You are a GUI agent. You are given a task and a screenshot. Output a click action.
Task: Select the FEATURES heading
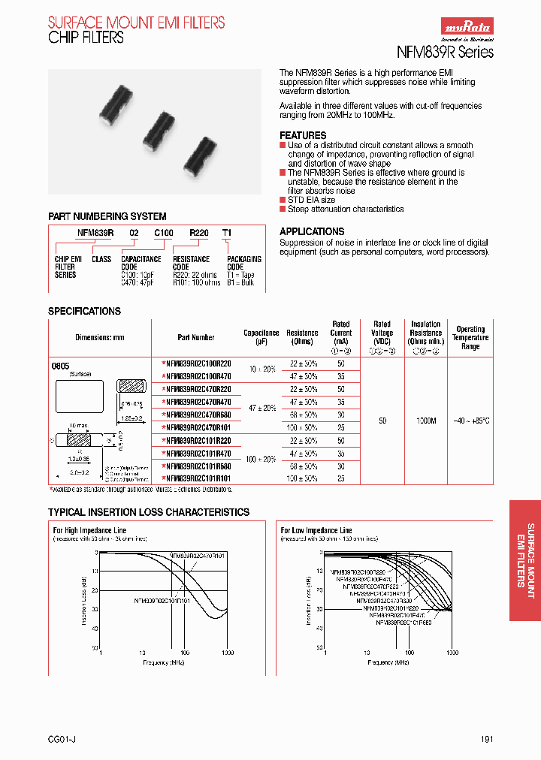click(x=303, y=135)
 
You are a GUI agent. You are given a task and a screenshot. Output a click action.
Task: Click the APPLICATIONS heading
click(x=312, y=231)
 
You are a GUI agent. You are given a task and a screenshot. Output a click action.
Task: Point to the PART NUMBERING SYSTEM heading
click(x=107, y=216)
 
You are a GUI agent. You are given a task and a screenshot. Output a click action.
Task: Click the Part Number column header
click(x=196, y=337)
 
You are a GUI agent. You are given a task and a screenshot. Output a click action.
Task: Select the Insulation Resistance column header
click(x=426, y=333)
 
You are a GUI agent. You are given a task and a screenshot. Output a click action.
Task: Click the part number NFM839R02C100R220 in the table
click(x=197, y=363)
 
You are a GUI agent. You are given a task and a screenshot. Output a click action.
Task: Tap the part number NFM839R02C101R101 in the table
click(x=197, y=478)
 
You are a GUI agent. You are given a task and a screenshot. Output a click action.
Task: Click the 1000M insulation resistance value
click(x=426, y=421)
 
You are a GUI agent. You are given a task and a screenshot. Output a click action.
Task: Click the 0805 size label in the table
click(x=60, y=364)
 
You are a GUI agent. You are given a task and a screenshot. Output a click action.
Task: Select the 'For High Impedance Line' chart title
click(x=89, y=530)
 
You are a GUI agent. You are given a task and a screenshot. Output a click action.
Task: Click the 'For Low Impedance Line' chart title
click(x=316, y=530)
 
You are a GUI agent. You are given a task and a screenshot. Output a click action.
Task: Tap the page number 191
click(x=486, y=740)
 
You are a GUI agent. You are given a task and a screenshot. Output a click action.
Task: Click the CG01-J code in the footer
click(x=64, y=740)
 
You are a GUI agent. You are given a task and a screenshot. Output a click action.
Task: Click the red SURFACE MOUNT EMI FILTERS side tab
click(x=524, y=560)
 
